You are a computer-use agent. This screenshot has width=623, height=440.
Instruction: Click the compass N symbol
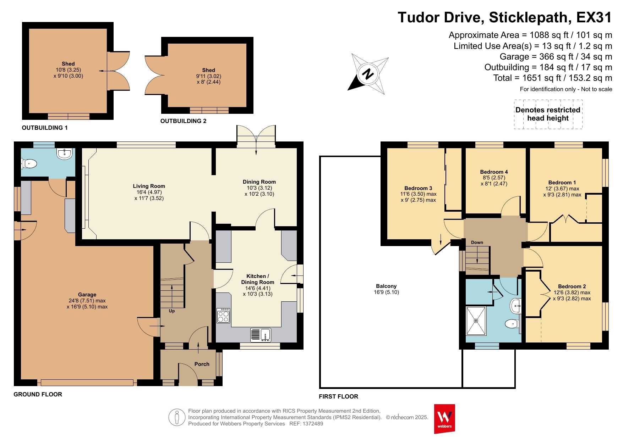click(x=368, y=74)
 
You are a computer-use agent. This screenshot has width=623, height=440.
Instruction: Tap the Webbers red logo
click(x=444, y=419)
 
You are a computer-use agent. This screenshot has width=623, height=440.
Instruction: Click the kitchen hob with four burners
click(x=223, y=315)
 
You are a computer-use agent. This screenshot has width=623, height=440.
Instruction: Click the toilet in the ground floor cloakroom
click(x=29, y=164)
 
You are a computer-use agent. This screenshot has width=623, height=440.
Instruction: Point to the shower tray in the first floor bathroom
click(x=476, y=321)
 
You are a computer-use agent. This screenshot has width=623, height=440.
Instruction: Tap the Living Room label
click(x=149, y=186)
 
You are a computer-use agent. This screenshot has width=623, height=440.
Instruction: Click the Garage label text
click(x=87, y=295)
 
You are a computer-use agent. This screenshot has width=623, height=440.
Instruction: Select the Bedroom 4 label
click(x=494, y=172)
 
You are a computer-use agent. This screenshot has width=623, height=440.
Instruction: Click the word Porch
click(x=202, y=364)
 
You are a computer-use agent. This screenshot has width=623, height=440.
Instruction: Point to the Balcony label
click(x=386, y=286)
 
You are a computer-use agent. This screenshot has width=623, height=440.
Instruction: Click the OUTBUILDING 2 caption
click(x=184, y=121)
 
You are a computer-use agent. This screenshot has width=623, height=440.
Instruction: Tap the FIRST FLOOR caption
click(x=339, y=396)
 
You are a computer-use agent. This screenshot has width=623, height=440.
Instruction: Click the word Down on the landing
click(x=477, y=243)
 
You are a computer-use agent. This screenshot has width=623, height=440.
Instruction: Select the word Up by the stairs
click(x=172, y=311)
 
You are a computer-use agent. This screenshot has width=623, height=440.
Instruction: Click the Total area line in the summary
click(x=553, y=78)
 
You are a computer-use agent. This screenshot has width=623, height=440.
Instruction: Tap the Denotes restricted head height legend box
click(x=548, y=114)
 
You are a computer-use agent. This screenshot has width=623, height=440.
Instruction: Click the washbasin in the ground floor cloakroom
click(x=64, y=153)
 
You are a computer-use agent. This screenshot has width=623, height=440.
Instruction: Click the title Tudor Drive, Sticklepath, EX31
click(x=505, y=17)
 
